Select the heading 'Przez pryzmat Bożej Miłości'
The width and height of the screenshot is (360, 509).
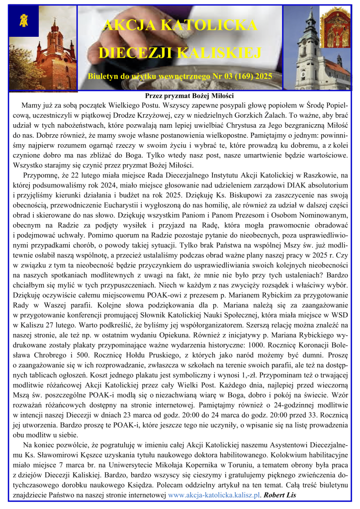pyautogui.click(x=180, y=96)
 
